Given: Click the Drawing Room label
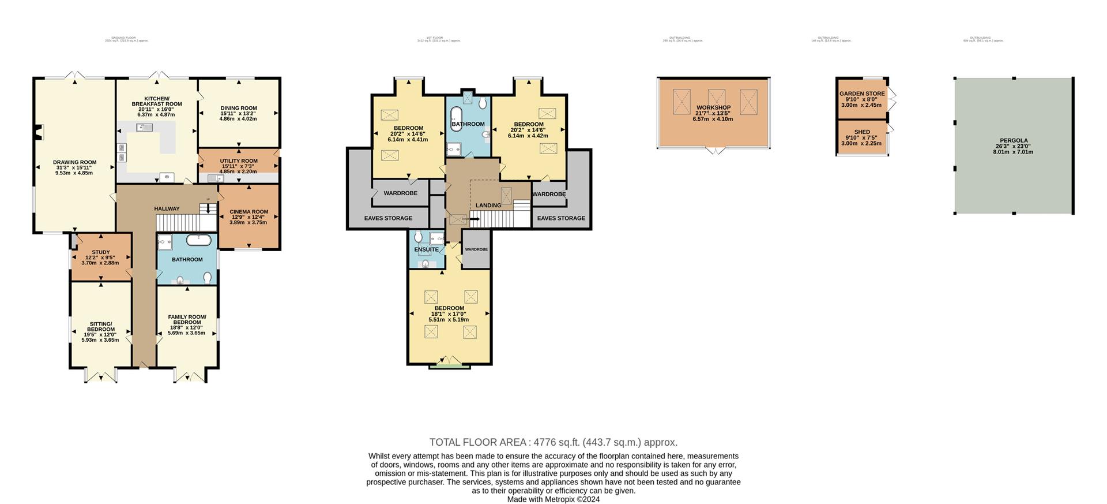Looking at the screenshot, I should click(x=75, y=162).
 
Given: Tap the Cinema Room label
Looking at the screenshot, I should click(x=248, y=212).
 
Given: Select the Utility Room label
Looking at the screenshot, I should click(x=239, y=161).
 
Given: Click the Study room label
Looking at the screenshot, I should click(x=100, y=252).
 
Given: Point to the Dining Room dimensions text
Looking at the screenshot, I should click(x=238, y=115).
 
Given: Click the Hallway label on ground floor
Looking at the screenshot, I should click(x=167, y=209).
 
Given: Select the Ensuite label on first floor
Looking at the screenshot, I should click(x=426, y=249).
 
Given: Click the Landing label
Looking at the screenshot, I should click(x=488, y=206).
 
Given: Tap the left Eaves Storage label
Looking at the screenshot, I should click(x=388, y=218).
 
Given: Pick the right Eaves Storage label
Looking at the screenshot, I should click(x=561, y=218).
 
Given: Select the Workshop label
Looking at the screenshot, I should click(x=713, y=108).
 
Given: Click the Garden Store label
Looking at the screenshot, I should click(x=862, y=94).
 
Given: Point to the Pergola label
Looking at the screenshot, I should click(x=1013, y=140).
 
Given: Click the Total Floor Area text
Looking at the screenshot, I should click(x=553, y=443).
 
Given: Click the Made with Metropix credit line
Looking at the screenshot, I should click(x=553, y=499).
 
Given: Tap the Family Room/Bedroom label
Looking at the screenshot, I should click(x=187, y=319).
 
